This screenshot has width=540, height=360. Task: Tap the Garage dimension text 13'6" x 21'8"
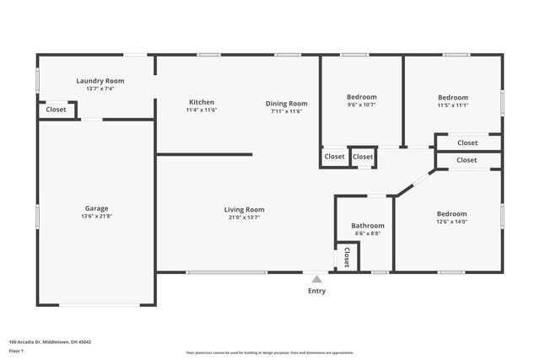[95, 217]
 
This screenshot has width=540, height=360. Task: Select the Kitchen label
[201, 102]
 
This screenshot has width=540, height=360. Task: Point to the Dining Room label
[286, 103]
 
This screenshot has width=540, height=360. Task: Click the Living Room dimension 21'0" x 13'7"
[244, 218]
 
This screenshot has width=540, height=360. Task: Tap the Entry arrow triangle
[316, 279]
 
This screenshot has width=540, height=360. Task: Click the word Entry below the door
[316, 291]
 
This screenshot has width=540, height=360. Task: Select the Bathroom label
[368, 225]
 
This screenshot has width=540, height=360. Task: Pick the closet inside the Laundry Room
[56, 110]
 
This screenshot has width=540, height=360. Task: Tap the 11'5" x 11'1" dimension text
[452, 105]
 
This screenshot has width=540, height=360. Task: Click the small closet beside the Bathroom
[347, 256]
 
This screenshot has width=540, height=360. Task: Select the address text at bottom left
[50, 341]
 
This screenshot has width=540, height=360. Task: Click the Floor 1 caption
[16, 350]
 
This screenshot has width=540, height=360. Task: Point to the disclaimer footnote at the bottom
[270, 353]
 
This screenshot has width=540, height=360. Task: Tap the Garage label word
[95, 208]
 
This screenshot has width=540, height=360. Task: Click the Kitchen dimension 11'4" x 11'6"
[201, 110]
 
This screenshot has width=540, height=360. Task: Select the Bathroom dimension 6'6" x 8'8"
[368, 234]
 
